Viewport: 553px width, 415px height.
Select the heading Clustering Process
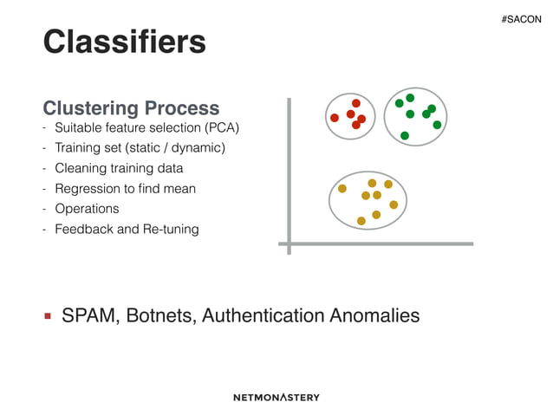point(131,108)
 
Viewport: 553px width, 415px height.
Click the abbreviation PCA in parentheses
point(221,128)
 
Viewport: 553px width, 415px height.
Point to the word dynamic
point(198,148)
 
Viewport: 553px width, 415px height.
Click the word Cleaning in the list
point(79,168)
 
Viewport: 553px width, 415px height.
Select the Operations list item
point(87,209)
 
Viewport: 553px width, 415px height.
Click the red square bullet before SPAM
point(49,316)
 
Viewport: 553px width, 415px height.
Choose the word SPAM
point(90,315)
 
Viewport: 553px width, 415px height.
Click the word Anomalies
point(374,315)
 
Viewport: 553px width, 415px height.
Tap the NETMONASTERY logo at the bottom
point(276,397)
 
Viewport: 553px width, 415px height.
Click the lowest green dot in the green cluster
point(405,135)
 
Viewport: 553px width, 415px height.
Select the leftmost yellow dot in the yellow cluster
point(342,188)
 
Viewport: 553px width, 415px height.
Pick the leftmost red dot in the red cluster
point(335,118)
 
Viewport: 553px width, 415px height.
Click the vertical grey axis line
point(289,173)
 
